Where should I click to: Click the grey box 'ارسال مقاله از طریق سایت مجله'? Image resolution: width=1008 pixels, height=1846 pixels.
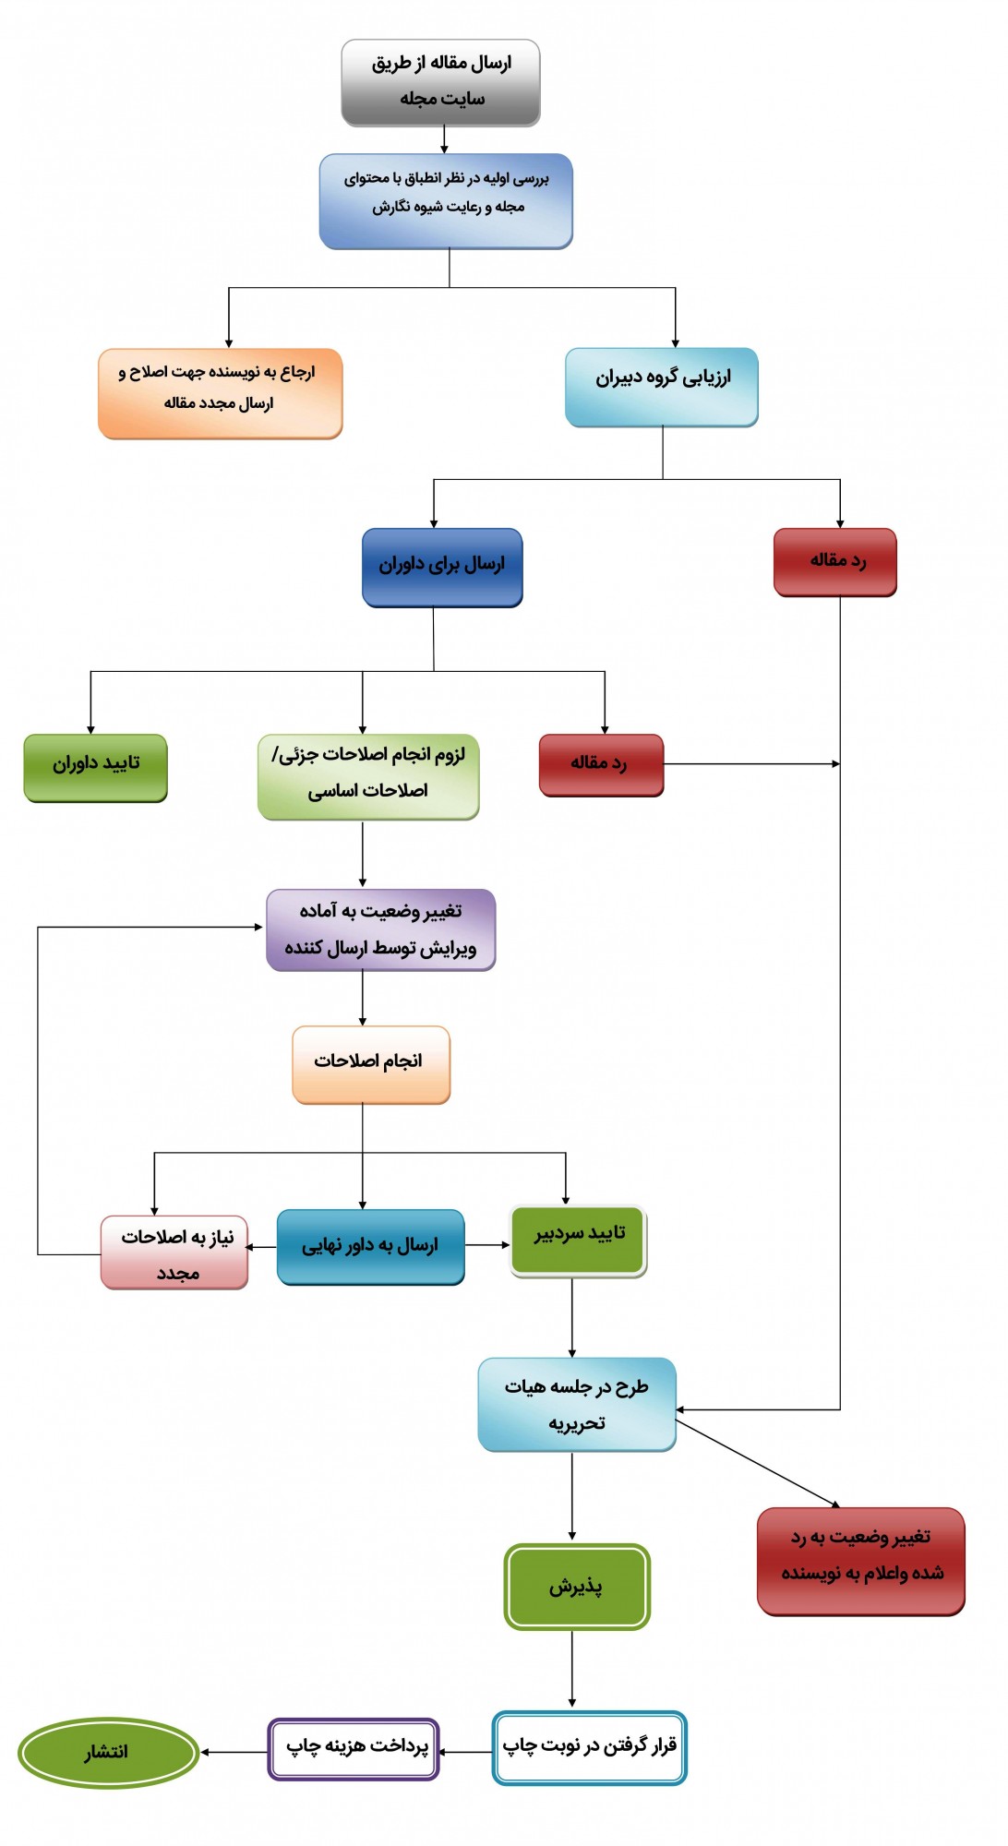pyautogui.click(x=440, y=83)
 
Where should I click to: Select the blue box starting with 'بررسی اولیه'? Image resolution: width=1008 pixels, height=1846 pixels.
pyautogui.click(x=446, y=201)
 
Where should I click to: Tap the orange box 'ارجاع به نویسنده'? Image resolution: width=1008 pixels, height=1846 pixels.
pyautogui.click(x=221, y=393)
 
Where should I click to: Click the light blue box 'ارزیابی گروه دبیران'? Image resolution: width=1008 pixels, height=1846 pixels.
pyautogui.click(x=662, y=387)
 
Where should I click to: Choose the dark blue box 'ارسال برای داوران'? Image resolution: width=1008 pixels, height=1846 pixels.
pyautogui.click(x=442, y=568)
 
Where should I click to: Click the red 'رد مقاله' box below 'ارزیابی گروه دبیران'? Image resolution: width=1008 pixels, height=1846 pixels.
pyautogui.click(x=835, y=562)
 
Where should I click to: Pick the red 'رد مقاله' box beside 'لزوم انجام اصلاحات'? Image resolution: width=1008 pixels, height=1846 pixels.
pyautogui.click(x=602, y=765)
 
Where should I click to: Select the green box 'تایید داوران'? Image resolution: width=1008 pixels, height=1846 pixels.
pyautogui.click(x=96, y=768)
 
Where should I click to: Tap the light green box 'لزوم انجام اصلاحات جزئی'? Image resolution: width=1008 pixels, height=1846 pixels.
pyautogui.click(x=368, y=777)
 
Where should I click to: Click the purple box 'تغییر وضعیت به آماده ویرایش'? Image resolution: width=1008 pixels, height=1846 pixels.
pyautogui.click(x=381, y=930)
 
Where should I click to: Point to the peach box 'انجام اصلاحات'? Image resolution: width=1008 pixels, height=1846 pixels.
pyautogui.click(x=371, y=1065)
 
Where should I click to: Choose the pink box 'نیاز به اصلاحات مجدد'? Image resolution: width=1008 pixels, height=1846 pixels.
pyautogui.click(x=174, y=1253)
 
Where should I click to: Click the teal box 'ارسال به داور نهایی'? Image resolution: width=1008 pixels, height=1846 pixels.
pyautogui.click(x=371, y=1247)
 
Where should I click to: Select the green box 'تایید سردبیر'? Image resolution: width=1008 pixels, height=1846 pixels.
pyautogui.click(x=579, y=1241)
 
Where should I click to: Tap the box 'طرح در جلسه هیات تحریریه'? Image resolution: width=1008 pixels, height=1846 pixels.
pyautogui.click(x=577, y=1405)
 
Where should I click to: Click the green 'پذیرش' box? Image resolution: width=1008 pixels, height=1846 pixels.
pyautogui.click(x=577, y=1587)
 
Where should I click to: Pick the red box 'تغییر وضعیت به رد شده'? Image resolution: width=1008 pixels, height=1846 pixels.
pyautogui.click(x=861, y=1562)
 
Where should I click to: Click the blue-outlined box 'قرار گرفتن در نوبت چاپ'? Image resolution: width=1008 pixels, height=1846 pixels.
pyautogui.click(x=590, y=1747)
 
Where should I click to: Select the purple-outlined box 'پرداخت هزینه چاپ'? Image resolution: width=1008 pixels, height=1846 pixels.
pyautogui.click(x=354, y=1748)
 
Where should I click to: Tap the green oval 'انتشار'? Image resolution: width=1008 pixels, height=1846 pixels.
pyautogui.click(x=108, y=1753)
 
